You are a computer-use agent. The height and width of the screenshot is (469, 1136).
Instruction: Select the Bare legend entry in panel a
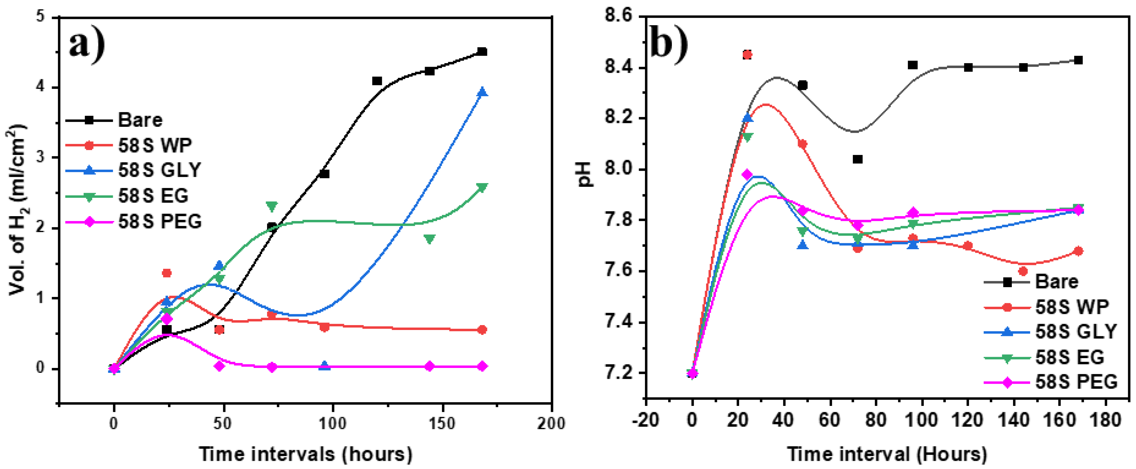(140, 120)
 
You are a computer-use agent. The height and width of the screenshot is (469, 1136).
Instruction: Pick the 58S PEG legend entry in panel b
(1076, 382)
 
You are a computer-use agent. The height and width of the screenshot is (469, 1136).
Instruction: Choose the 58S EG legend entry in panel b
(1069, 357)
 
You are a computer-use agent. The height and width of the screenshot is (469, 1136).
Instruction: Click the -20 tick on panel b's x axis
(645, 420)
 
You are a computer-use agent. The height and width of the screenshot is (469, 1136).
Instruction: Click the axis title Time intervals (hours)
(306, 454)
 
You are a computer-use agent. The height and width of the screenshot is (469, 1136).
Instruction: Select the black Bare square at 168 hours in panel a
(482, 52)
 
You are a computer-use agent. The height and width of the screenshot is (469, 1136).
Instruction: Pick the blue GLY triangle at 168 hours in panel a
(482, 92)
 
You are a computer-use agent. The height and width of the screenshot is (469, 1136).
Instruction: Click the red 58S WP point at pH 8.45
(747, 55)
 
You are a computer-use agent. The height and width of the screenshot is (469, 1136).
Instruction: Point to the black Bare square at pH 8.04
(857, 159)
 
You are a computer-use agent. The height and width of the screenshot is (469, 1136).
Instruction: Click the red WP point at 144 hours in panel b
(1023, 271)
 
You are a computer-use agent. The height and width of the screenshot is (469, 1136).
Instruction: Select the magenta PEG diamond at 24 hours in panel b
(747, 175)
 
